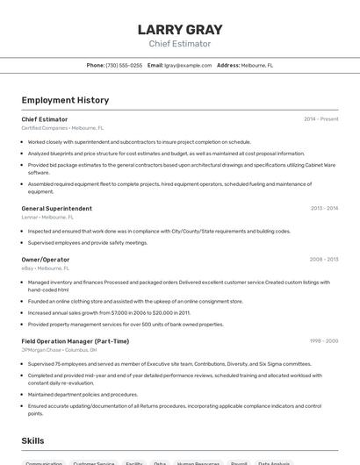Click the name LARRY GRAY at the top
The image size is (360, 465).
(x=180, y=29)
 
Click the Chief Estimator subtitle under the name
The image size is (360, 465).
(x=180, y=44)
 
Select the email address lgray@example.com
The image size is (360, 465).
(x=188, y=65)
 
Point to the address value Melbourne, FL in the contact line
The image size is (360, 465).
(x=257, y=65)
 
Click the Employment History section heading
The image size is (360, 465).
(x=65, y=100)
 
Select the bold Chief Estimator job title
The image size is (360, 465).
(x=45, y=119)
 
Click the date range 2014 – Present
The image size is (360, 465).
(x=320, y=119)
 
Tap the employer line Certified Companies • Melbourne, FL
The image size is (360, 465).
(x=62, y=128)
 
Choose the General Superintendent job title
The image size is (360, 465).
(x=56, y=209)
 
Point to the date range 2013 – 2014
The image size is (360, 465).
(x=324, y=209)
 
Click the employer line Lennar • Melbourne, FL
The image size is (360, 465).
(x=47, y=217)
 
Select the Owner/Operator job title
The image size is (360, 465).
(x=46, y=260)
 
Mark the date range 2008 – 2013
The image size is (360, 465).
(x=323, y=260)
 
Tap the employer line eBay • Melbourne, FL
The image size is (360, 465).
(x=45, y=268)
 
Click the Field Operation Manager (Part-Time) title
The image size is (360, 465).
(x=76, y=341)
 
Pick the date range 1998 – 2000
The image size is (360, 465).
(x=323, y=341)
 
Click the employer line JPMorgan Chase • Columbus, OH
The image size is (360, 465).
(x=60, y=349)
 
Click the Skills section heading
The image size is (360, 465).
(x=32, y=440)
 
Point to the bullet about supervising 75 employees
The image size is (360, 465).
(x=169, y=363)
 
